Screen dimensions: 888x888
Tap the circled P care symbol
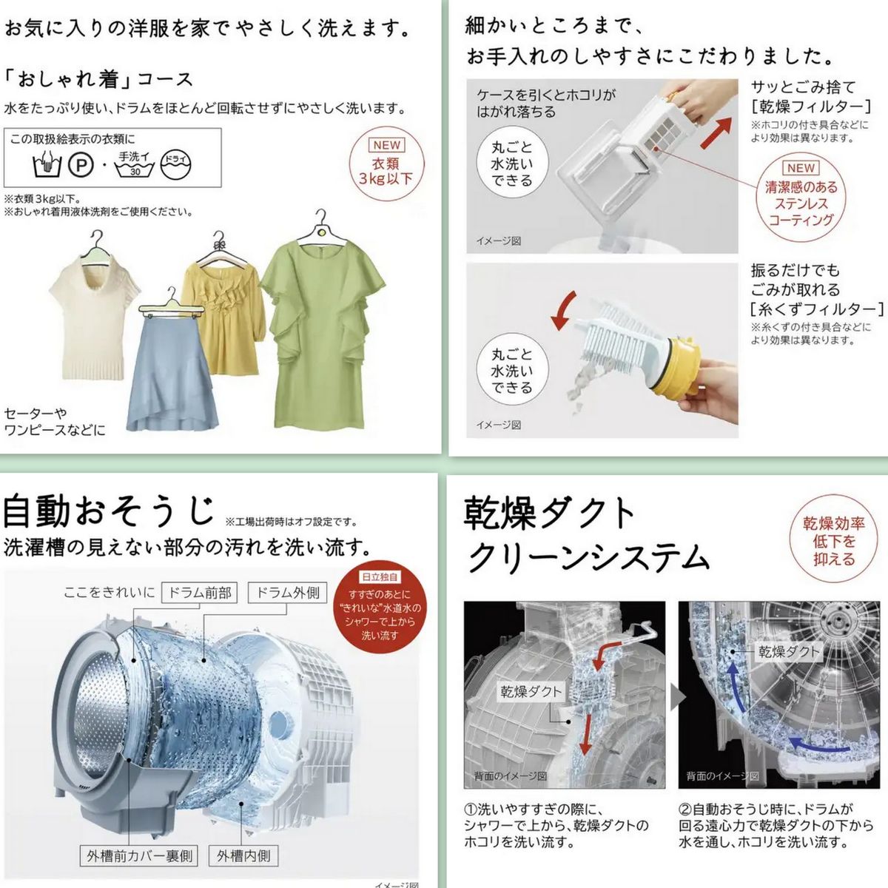tap(81, 164)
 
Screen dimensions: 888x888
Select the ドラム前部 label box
tap(200, 592)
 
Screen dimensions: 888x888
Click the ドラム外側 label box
tap(287, 592)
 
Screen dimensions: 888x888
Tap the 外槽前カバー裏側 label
tap(139, 856)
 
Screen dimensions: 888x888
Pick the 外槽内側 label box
tap(243, 856)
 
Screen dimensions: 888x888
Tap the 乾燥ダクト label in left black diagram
tap(531, 692)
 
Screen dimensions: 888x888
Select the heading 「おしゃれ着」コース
tap(98, 79)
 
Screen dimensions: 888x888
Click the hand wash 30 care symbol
tap(135, 164)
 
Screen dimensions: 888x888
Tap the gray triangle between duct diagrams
tap(676, 696)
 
